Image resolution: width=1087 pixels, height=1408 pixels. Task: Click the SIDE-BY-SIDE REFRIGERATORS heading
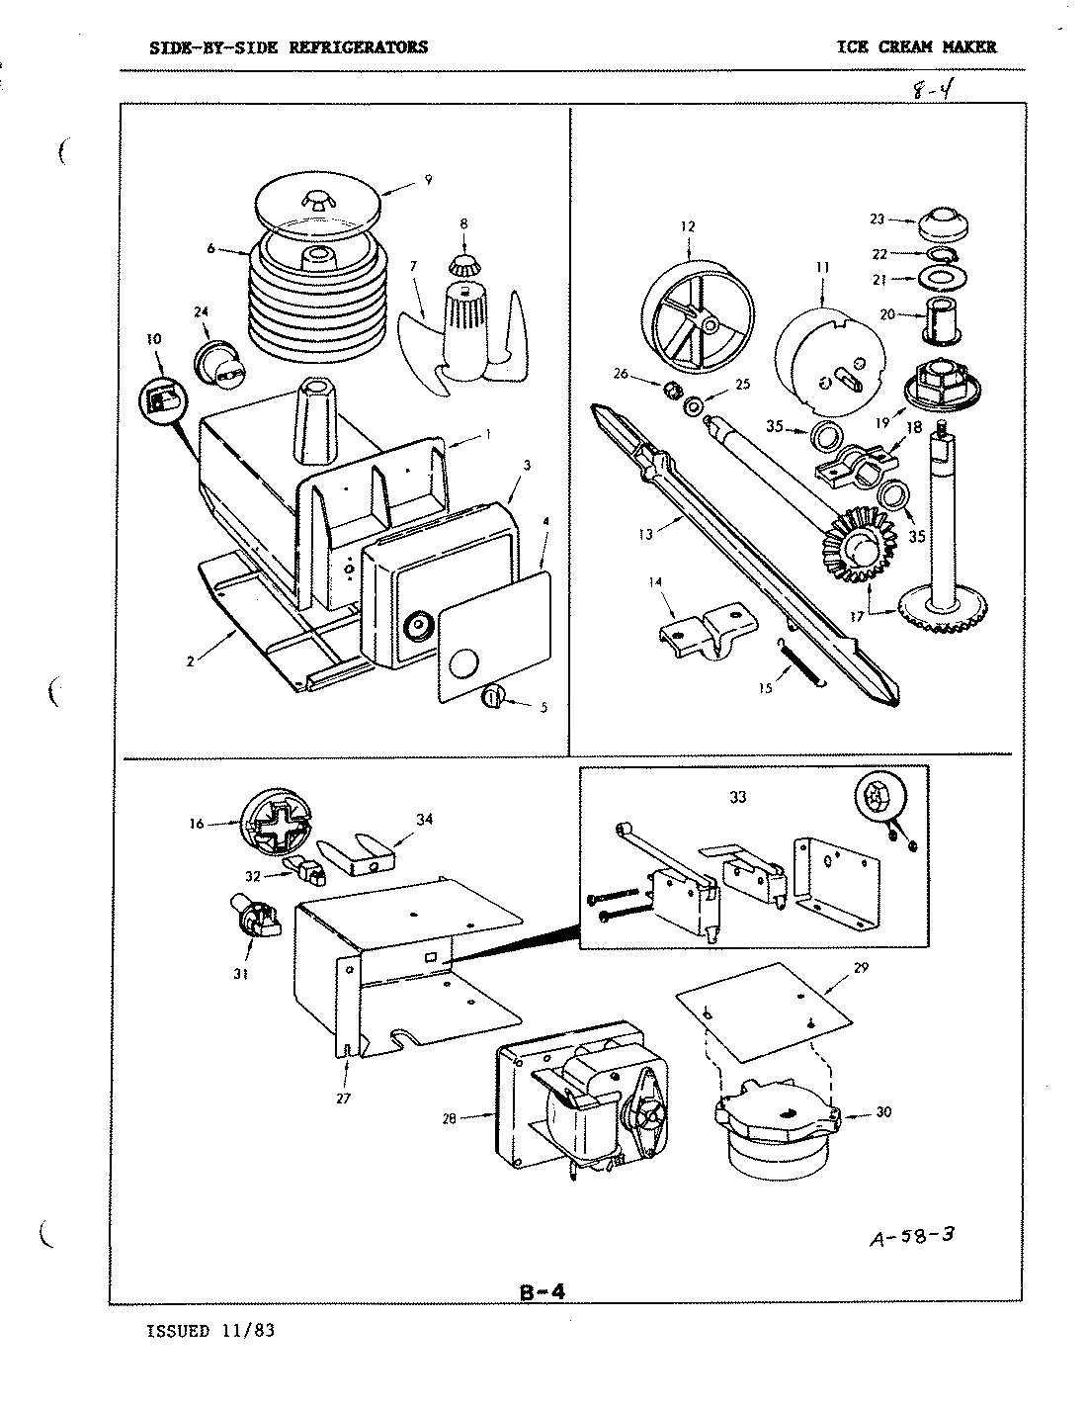coord(289,46)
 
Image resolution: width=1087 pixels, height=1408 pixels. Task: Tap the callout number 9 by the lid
coord(428,179)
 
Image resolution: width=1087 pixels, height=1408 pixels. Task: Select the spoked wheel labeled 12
coord(697,313)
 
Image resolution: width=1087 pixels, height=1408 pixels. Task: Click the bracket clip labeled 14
coord(707,631)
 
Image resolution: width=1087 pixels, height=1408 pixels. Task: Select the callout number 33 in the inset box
coord(737,797)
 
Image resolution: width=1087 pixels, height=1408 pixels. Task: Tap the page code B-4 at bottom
coord(541,1293)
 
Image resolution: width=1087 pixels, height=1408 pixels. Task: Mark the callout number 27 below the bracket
coord(343,1098)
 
